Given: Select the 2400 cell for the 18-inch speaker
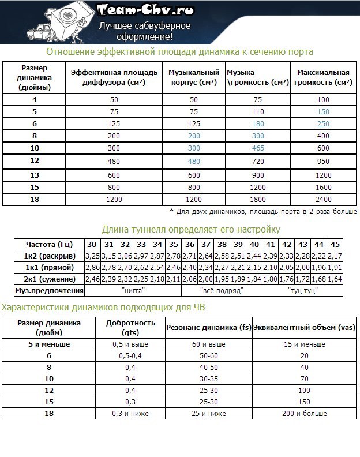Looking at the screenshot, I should [x=323, y=200].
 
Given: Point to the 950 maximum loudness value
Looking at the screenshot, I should [x=323, y=160].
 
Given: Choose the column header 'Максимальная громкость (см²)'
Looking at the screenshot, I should [x=323, y=78].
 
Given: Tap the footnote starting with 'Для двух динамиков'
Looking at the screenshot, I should [x=263, y=212].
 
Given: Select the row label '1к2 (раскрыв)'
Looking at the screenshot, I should [x=48, y=256].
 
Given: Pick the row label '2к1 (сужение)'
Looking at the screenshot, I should [x=48, y=279].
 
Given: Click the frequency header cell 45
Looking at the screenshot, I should [x=335, y=244].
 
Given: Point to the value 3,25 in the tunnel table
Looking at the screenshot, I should [x=92, y=256].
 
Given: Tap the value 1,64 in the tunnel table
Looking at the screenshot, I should [x=335, y=279].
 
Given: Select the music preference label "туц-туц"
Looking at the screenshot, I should [x=302, y=291].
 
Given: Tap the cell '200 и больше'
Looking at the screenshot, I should [x=304, y=413].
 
